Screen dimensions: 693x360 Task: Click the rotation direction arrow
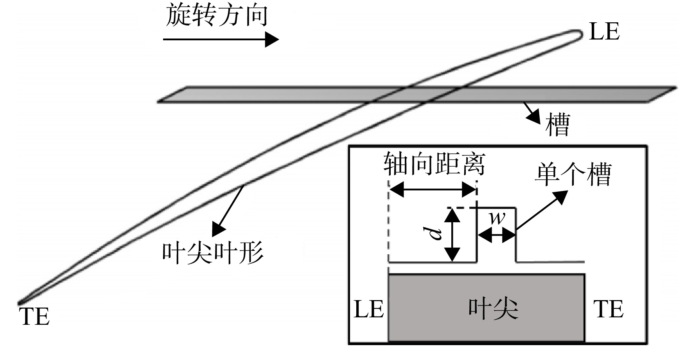(221, 40)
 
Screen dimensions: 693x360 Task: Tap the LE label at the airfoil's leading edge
(604, 32)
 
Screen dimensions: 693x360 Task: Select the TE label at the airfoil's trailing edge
(34, 317)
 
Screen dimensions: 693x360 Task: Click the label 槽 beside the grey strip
(558, 125)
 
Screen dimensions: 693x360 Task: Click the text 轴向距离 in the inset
(434, 164)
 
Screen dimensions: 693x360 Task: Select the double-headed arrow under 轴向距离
(433, 191)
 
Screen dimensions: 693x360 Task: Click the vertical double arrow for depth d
(452, 235)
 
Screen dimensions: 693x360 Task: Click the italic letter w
(497, 218)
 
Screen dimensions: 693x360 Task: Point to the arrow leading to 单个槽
(542, 210)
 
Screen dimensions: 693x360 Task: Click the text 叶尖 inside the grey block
(494, 309)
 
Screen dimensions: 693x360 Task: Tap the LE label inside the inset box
(369, 309)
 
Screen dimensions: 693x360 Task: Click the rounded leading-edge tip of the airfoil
(582, 34)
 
